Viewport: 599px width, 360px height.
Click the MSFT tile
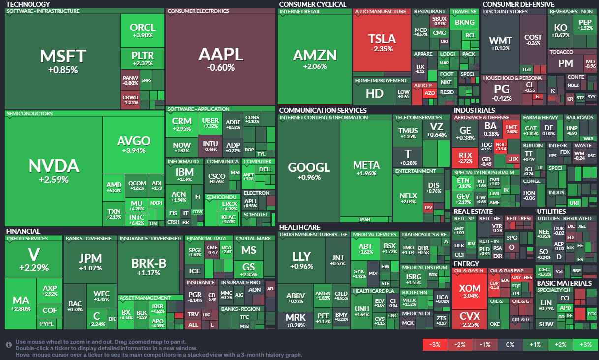point(62,61)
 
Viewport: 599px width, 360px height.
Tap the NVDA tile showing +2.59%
point(54,170)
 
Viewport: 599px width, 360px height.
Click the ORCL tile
point(143,30)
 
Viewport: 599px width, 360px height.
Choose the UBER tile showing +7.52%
point(210,123)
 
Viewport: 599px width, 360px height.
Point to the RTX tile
point(465,158)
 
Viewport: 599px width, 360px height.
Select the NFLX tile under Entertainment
point(408,198)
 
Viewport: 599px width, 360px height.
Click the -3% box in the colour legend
point(435,345)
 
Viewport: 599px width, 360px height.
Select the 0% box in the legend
point(510,345)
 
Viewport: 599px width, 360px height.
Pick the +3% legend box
point(585,345)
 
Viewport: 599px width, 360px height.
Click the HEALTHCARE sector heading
point(299,227)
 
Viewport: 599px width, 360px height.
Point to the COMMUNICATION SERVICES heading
point(323,110)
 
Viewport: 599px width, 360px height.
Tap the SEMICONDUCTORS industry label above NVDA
point(30,114)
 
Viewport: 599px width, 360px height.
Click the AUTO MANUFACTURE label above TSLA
point(381,11)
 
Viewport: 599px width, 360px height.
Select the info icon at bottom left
point(9,345)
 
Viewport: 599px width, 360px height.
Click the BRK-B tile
point(149,266)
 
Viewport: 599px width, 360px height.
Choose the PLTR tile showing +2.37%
point(143,59)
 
